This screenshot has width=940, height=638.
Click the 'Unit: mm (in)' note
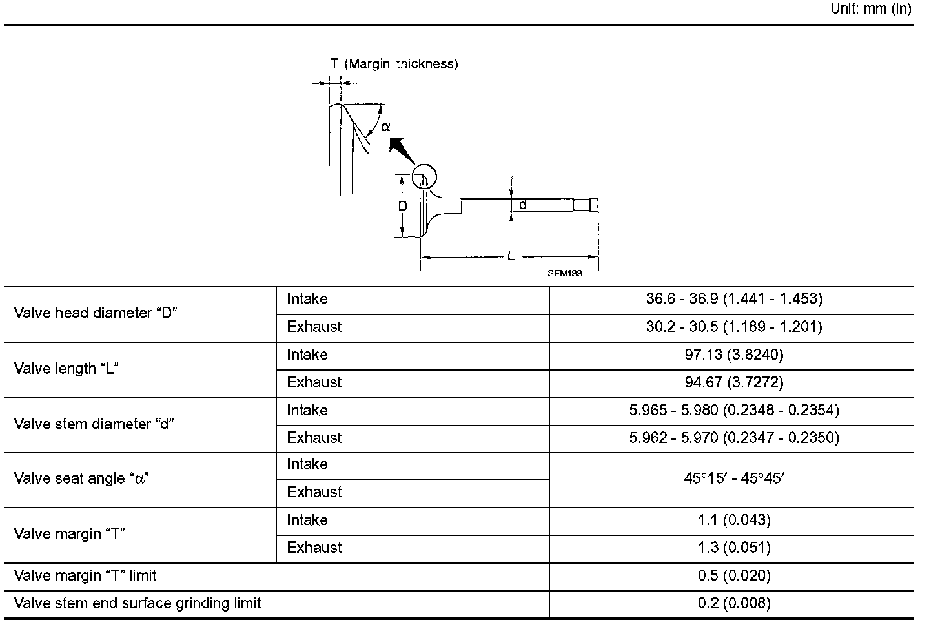click(x=870, y=9)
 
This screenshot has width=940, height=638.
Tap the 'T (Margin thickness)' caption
click(x=394, y=63)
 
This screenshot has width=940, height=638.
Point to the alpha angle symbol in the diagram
click(x=385, y=127)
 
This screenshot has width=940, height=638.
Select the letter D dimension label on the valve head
click(x=402, y=206)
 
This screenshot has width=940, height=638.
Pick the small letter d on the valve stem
click(x=523, y=205)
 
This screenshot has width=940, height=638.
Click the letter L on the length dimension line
click(x=511, y=256)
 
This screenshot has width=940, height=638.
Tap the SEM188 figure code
click(x=564, y=273)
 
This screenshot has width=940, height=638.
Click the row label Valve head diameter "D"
click(x=96, y=313)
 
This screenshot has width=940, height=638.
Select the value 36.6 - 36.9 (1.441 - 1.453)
click(x=733, y=299)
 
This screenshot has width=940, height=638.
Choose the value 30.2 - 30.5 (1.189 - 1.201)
click(x=733, y=327)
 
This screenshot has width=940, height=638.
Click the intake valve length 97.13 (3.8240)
click(x=733, y=355)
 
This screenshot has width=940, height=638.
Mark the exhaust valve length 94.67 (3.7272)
click(x=733, y=382)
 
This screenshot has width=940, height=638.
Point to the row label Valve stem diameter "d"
click(x=94, y=424)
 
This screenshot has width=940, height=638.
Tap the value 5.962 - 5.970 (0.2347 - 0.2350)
click(x=733, y=438)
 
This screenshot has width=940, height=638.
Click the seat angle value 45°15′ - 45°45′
click(x=733, y=479)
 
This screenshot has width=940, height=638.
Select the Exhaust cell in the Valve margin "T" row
click(x=314, y=548)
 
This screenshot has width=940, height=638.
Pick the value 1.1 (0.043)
click(x=733, y=520)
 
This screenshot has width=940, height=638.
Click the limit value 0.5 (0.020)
click(x=733, y=575)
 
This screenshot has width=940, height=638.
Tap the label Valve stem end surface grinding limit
click(x=138, y=603)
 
